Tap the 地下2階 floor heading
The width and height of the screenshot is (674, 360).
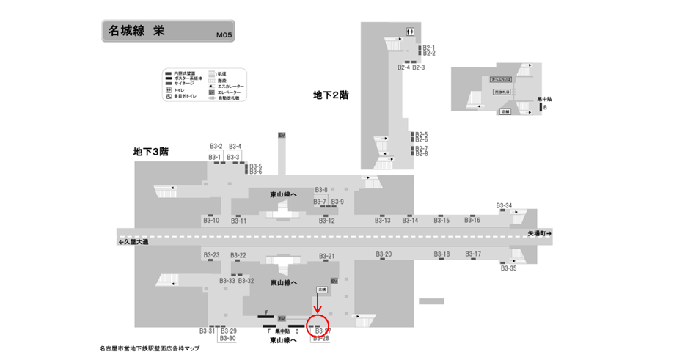click(331, 95)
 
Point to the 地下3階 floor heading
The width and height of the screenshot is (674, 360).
click(151, 152)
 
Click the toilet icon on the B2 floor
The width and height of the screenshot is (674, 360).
click(411, 31)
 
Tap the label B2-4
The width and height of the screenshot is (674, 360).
click(403, 67)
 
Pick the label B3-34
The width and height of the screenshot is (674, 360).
click(504, 205)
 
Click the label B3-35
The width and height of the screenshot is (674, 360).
click(508, 268)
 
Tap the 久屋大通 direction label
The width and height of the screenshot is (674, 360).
click(133, 242)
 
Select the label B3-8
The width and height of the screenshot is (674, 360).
click(321, 190)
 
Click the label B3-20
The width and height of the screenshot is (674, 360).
click(384, 254)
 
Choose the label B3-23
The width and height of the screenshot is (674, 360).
click(211, 255)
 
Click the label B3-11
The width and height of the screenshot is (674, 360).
click(239, 221)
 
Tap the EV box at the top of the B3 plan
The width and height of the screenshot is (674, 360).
click(281, 136)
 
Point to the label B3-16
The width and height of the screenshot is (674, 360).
click(472, 220)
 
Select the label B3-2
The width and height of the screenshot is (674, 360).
click(216, 146)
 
